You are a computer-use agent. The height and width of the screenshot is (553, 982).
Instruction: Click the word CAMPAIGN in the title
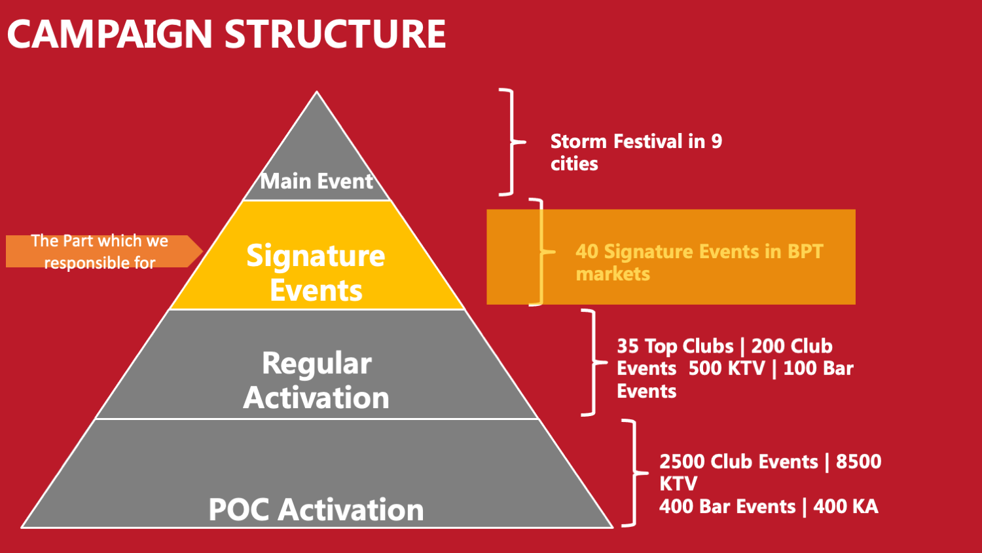110,34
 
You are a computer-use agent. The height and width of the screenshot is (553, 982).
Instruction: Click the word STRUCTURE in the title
335,34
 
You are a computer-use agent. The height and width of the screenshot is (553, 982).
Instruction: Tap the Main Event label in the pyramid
316,181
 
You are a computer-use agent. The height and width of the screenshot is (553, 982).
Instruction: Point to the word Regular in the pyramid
317,364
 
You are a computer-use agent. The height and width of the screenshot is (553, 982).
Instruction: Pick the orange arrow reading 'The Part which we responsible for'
104,252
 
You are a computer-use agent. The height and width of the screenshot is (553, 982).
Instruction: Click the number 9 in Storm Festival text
717,142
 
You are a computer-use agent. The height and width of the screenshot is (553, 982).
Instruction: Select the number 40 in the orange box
587,252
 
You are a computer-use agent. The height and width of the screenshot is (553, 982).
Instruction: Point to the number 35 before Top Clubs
628,347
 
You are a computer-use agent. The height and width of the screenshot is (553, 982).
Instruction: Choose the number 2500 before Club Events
682,462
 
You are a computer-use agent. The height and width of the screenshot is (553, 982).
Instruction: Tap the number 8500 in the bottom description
858,462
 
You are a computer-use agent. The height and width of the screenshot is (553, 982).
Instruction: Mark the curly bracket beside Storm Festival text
512,142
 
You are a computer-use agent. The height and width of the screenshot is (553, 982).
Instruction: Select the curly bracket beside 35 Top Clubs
594,362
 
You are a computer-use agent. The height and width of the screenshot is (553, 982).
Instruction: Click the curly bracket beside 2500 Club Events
635,473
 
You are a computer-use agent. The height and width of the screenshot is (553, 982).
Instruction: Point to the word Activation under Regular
316,398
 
